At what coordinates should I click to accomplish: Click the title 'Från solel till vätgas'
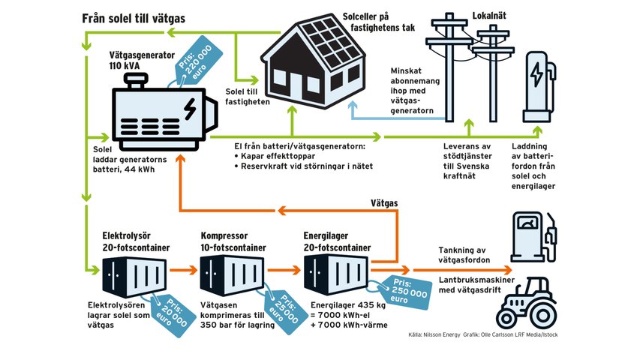pyautogui.click(x=133, y=18)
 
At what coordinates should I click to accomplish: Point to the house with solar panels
pyautogui.click(x=311, y=67)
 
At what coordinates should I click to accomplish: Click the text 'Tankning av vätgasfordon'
pyautogui.click(x=464, y=254)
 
